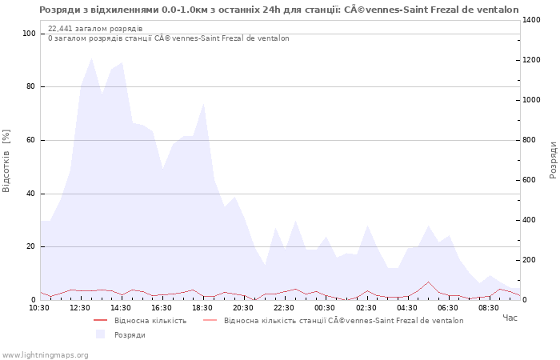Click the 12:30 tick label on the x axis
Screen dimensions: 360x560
click(x=80, y=307)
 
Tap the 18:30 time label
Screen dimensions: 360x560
click(x=202, y=307)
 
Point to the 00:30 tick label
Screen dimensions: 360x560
click(x=325, y=307)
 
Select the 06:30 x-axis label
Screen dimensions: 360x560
click(x=447, y=307)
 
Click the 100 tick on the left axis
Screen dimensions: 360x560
click(x=29, y=34)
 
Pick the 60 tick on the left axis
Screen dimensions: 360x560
click(x=30, y=140)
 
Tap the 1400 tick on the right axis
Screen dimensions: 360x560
click(x=533, y=20)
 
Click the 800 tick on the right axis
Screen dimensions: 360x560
click(x=530, y=140)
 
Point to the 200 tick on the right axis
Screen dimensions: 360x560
click(x=530, y=260)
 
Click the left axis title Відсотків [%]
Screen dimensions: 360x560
click(x=7, y=160)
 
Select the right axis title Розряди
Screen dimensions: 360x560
click(x=553, y=160)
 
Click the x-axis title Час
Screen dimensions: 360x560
click(x=510, y=318)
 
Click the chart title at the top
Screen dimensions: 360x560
click(x=279, y=10)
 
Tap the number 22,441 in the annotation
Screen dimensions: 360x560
click(x=62, y=29)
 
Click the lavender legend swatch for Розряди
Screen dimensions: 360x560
click(x=100, y=334)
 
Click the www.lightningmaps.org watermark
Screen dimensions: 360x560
click(x=45, y=354)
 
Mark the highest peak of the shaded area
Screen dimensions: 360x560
click(x=91, y=58)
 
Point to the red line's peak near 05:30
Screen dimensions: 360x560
click(x=428, y=282)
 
